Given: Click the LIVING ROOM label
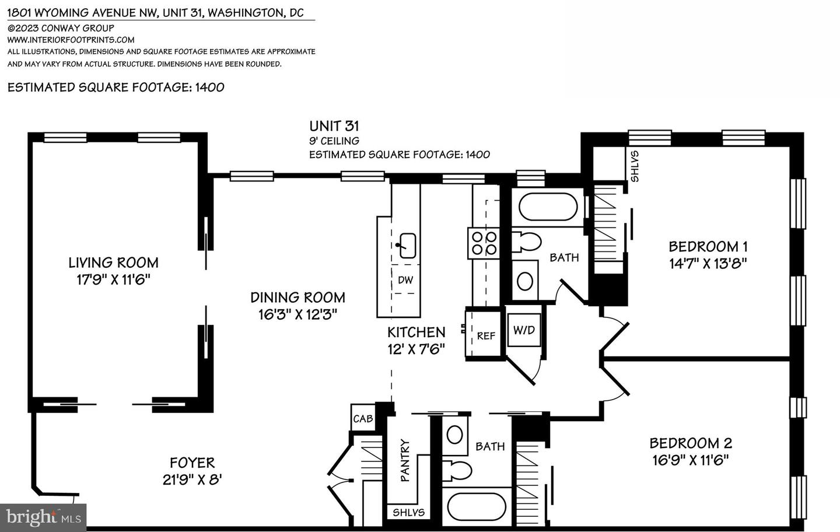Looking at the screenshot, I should [x=113, y=262].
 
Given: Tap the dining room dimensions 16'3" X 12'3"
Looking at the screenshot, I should [x=297, y=314].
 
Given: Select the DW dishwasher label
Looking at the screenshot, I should [x=405, y=280].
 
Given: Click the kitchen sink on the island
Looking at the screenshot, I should [x=407, y=246].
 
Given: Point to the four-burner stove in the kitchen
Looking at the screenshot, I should [x=484, y=243].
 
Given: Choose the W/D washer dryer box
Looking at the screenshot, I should [x=524, y=330].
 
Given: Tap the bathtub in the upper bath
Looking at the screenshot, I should [x=548, y=207].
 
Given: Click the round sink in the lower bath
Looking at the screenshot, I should [x=454, y=435].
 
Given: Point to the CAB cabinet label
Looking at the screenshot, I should [x=363, y=419].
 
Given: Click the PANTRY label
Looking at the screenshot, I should [x=405, y=460].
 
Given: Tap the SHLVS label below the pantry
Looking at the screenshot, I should [x=408, y=513].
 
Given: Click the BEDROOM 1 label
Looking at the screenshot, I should [x=708, y=246].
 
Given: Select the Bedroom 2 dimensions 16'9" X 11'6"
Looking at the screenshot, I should [x=690, y=460].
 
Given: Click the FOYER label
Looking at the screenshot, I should [x=192, y=463].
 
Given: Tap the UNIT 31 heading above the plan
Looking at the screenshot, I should [x=334, y=126].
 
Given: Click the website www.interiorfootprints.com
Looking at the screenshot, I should [x=71, y=40].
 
